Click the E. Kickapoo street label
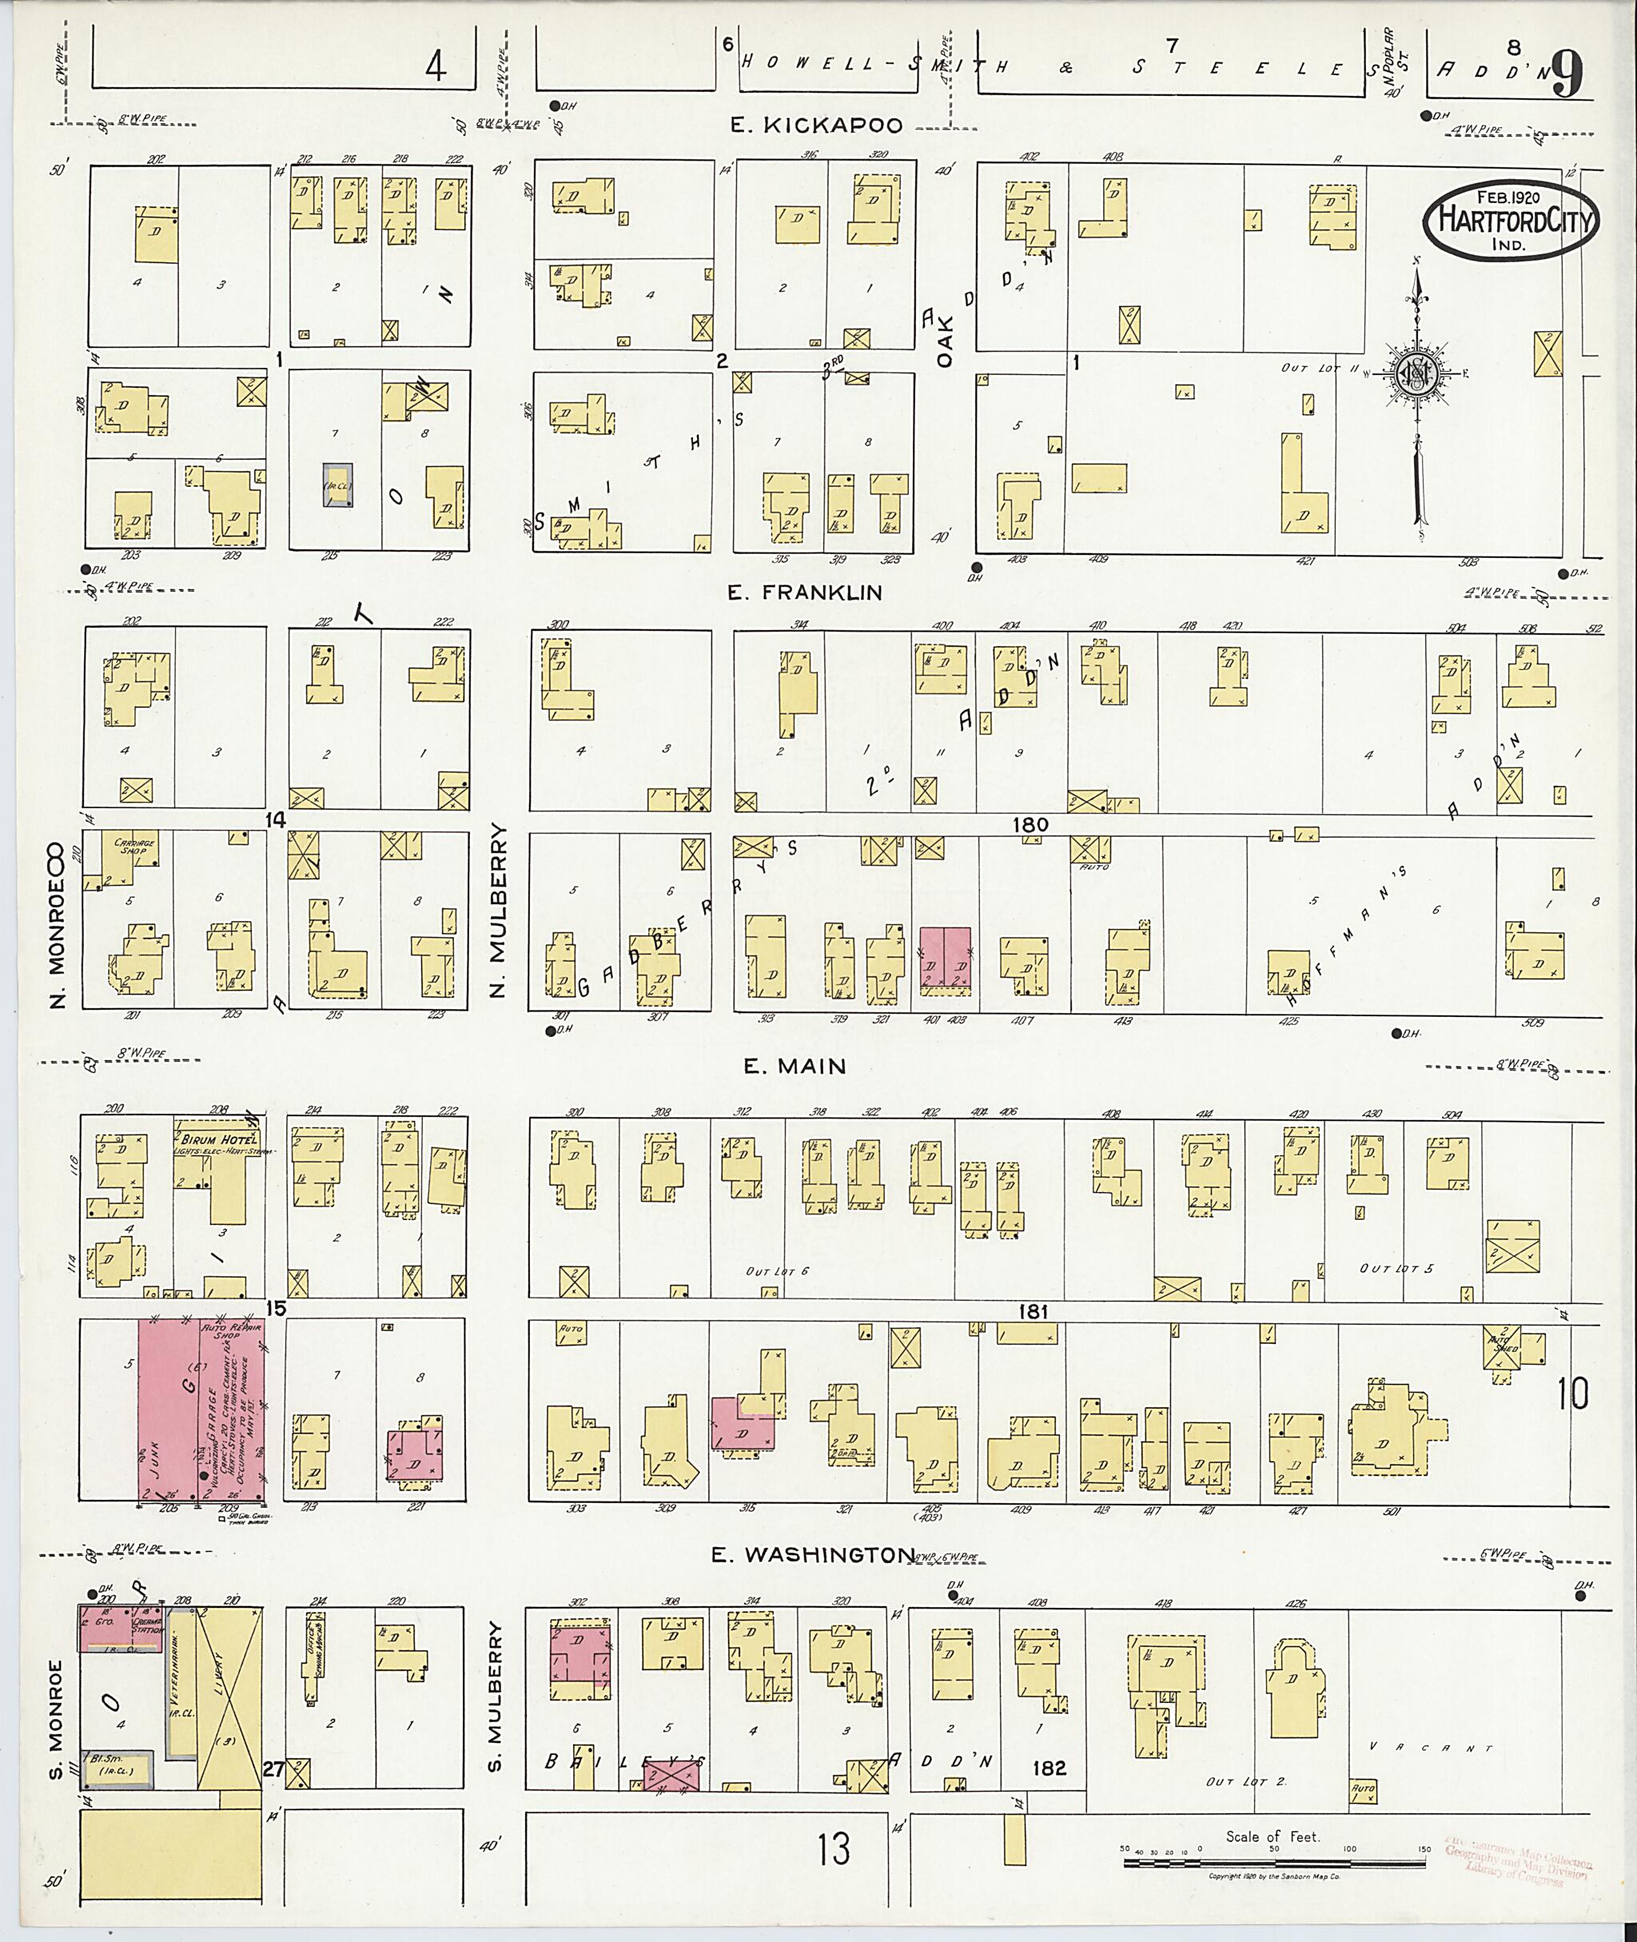816,126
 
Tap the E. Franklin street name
805,592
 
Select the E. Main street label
795,1067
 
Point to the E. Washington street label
813,1555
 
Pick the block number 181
1032,1312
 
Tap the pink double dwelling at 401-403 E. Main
945,962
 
